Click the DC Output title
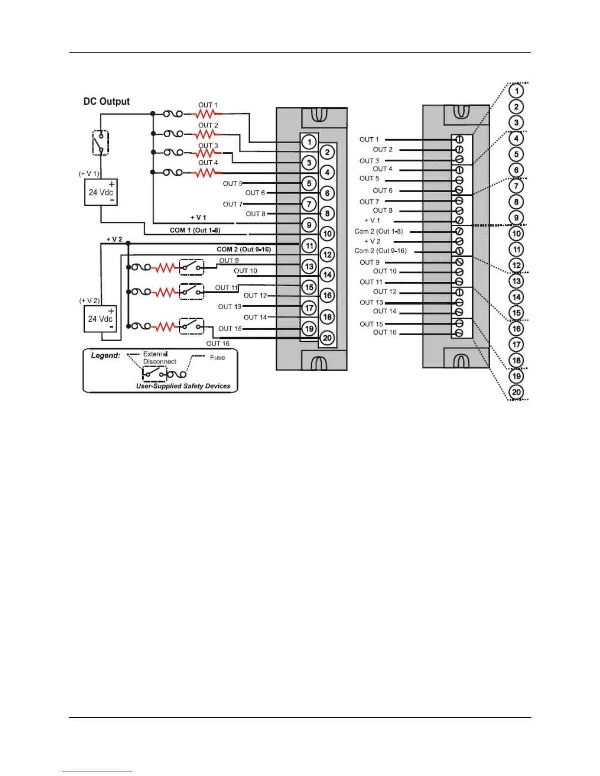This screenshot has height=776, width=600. tap(106, 101)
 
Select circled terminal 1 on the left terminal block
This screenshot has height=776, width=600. tap(309, 142)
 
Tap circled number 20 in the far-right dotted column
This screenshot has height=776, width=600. tap(516, 392)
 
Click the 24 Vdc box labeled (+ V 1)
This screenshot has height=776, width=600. tap(101, 192)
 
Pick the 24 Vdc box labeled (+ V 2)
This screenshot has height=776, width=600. tap(100, 318)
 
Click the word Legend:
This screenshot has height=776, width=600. tap(105, 356)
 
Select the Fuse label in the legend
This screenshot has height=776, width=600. tap(217, 358)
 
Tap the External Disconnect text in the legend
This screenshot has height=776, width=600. tap(159, 358)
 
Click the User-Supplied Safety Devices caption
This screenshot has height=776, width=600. tap(183, 386)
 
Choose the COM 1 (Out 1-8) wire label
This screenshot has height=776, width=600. tap(195, 230)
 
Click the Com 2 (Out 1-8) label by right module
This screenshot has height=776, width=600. tap(378, 231)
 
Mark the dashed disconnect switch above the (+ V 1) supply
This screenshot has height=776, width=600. tap(100, 143)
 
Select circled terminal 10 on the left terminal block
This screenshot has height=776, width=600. tap(327, 234)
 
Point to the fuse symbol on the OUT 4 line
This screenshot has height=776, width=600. tap(173, 172)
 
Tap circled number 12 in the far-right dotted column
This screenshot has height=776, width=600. tap(516, 265)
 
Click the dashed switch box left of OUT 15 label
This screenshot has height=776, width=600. tap(191, 326)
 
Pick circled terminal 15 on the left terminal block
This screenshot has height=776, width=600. tap(309, 287)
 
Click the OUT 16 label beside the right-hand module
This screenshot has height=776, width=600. tap(384, 333)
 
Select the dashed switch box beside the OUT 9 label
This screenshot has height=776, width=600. tap(191, 267)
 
